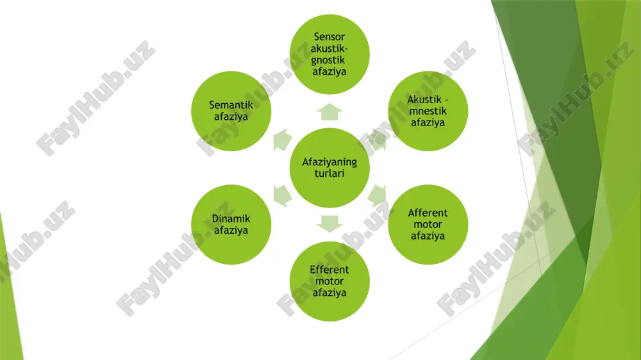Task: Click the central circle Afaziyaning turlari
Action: tap(329, 168)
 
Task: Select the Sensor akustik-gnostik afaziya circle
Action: tap(329, 54)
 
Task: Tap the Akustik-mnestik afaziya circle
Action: tap(428, 111)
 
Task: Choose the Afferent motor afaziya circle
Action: tap(428, 224)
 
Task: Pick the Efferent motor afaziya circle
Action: tap(329, 281)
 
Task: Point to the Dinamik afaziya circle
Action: tap(231, 224)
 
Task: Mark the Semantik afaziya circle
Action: tap(231, 111)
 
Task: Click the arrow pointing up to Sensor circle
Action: tap(329, 112)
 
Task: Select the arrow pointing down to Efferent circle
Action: tap(329, 224)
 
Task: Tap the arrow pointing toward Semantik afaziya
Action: tap(282, 140)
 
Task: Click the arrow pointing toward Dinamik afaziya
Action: tap(282, 196)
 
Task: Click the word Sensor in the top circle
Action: tap(329, 37)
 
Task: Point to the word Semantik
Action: tap(231, 105)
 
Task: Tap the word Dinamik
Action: tap(231, 218)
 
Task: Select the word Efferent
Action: tap(329, 270)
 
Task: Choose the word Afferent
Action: tap(428, 213)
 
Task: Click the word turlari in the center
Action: tap(329, 173)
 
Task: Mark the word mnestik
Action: tap(428, 111)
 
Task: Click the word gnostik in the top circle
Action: tap(328, 60)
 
